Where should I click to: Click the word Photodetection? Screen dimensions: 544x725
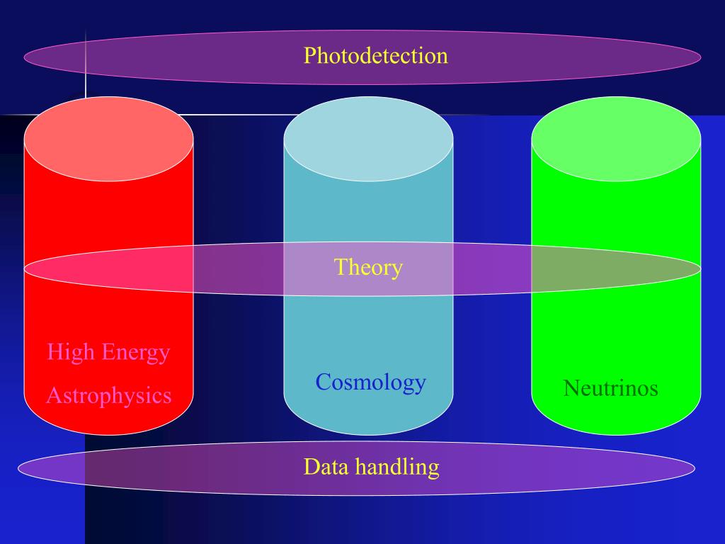[375, 56]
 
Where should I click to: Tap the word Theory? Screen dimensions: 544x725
[368, 267]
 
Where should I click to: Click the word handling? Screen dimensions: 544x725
[397, 467]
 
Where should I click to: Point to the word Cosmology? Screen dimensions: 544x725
[370, 382]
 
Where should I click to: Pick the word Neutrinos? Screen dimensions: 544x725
[610, 388]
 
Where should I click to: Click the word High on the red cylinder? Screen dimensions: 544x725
[69, 351]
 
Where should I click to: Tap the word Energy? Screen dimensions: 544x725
[135, 352]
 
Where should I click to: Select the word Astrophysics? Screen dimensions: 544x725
[108, 395]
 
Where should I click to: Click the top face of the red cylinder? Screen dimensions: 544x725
[108, 139]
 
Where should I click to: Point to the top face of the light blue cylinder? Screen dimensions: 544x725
[368, 139]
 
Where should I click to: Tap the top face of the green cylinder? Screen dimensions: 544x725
[616, 139]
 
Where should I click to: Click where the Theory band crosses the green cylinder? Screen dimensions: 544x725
[616, 268]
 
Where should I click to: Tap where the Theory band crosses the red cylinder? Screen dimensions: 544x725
[108, 268]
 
